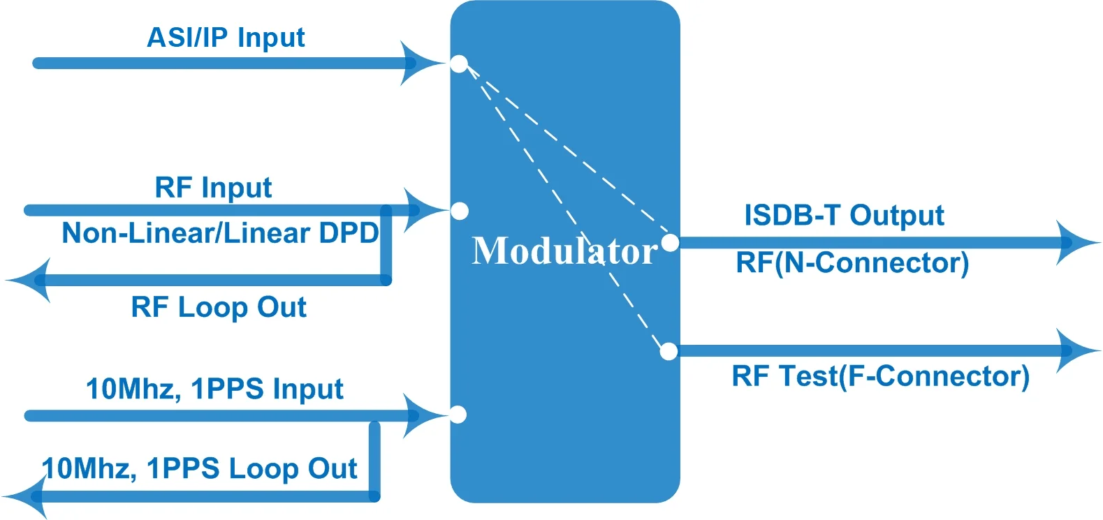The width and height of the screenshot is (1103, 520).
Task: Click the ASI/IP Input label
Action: (225, 38)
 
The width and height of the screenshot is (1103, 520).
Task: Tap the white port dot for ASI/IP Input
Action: (459, 64)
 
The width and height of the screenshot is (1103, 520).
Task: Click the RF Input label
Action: (213, 188)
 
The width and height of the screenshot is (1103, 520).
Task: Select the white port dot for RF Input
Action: (460, 211)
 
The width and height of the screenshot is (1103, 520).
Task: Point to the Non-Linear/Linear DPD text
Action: (220, 233)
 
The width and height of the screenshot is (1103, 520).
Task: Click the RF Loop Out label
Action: (219, 307)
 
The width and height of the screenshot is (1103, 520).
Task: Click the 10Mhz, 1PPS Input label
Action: (214, 389)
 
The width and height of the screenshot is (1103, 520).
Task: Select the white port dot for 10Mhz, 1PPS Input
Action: (458, 415)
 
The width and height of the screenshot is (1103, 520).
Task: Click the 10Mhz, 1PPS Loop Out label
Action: (200, 468)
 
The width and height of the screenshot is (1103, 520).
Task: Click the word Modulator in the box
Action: (564, 251)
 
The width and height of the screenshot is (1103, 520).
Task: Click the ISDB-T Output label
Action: (844, 216)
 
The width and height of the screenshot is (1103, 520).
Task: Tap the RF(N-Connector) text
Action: (852, 263)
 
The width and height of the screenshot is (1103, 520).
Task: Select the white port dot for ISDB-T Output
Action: (670, 243)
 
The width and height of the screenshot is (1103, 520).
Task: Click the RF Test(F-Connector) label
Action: (880, 376)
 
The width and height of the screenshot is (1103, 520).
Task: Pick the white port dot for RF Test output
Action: (669, 351)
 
